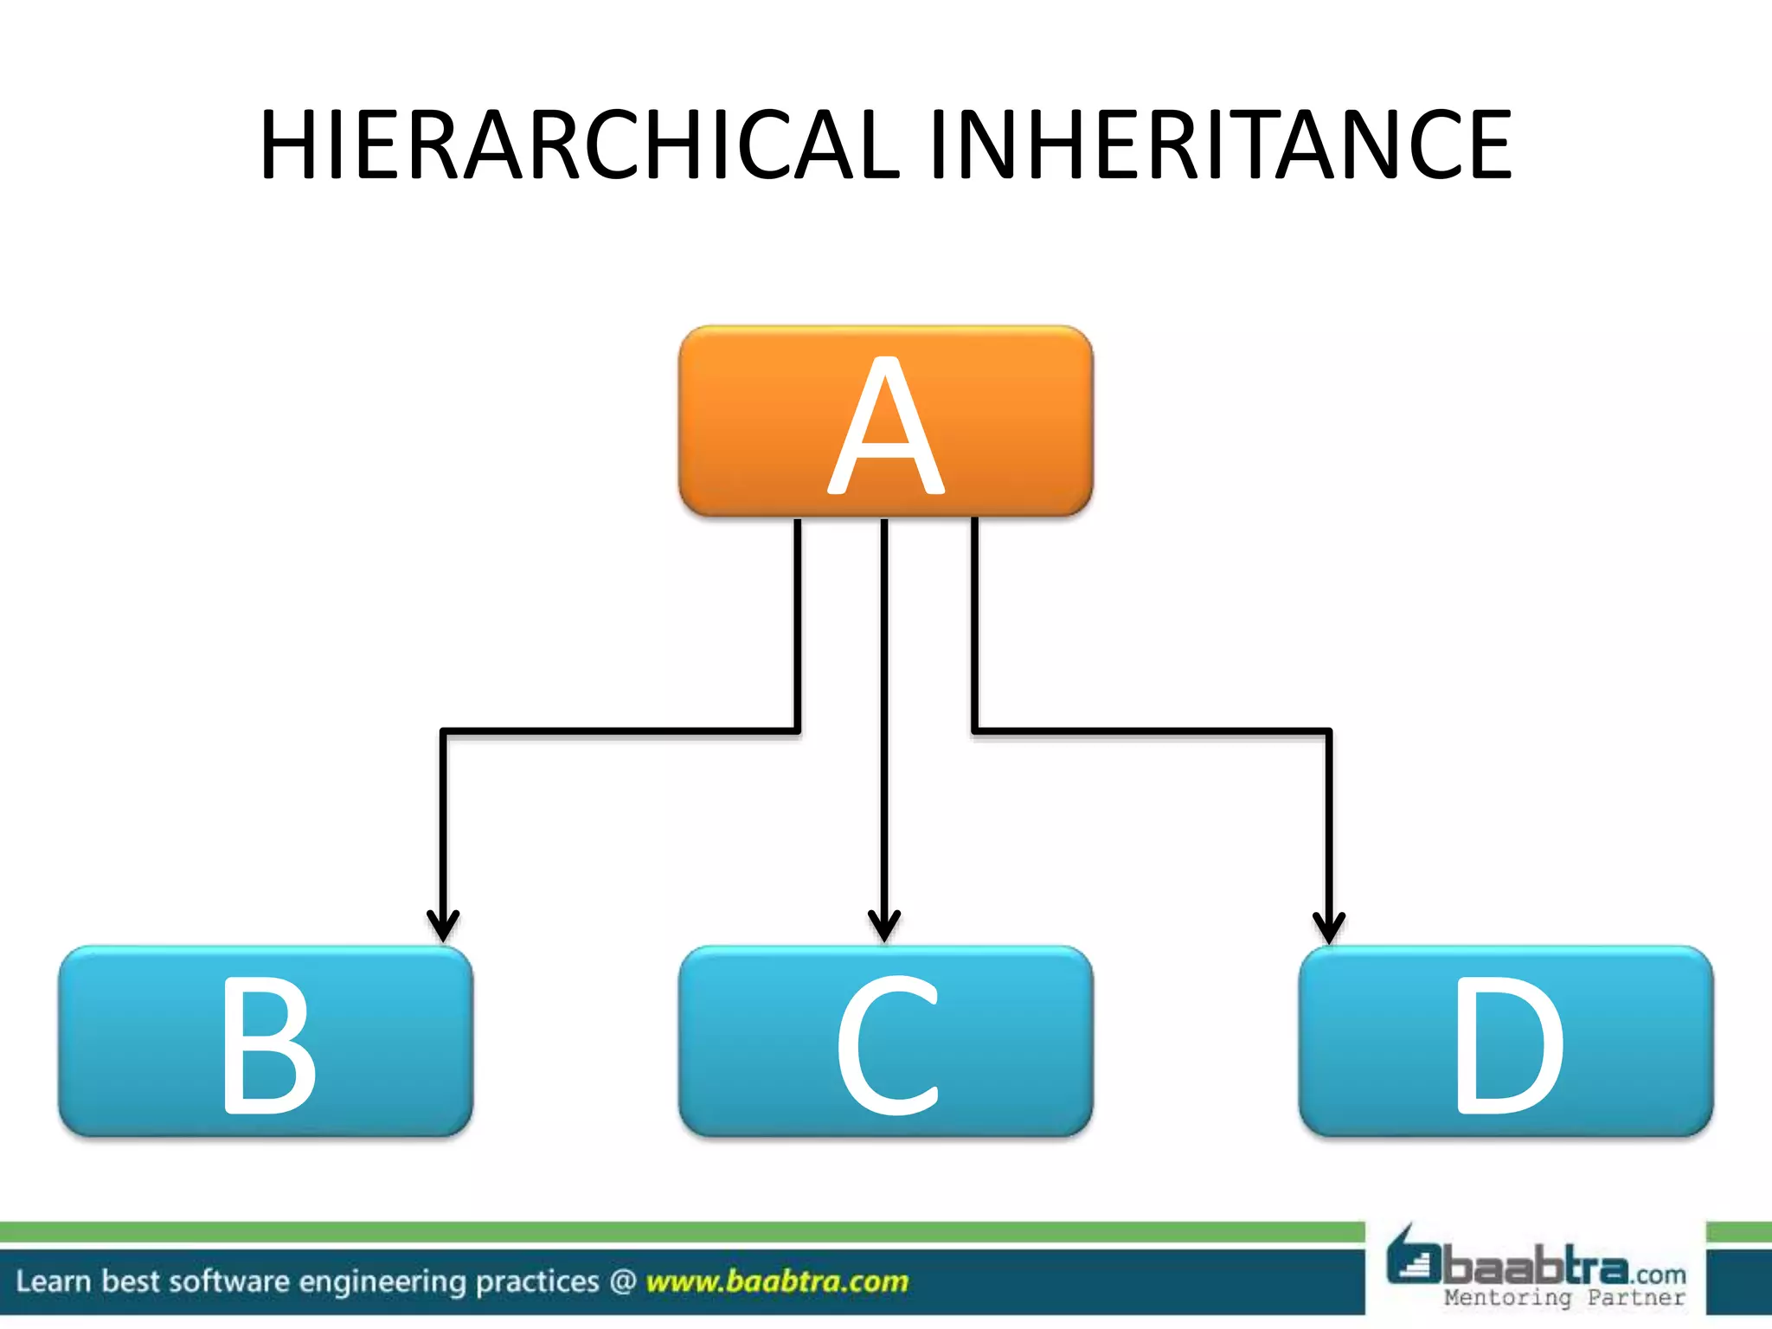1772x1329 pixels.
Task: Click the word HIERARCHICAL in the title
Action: (580, 144)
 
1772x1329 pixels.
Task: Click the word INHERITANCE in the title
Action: (1220, 144)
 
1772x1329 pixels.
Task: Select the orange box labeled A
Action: (885, 421)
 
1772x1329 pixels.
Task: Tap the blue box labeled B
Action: (266, 1041)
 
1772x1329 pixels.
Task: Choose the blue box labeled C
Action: (885, 1041)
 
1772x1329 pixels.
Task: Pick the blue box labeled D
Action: (1506, 1041)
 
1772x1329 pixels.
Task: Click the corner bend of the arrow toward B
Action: (444, 732)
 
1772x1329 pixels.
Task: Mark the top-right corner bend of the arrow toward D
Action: (1328, 732)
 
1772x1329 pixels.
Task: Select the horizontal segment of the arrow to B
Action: (619, 732)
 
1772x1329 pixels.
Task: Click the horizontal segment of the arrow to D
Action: (1151, 732)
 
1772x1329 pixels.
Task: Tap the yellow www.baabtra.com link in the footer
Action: (777, 1281)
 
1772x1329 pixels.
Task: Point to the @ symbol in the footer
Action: (623, 1281)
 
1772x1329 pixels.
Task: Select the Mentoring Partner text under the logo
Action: (1564, 1298)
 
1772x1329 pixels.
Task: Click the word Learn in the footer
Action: (53, 1281)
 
